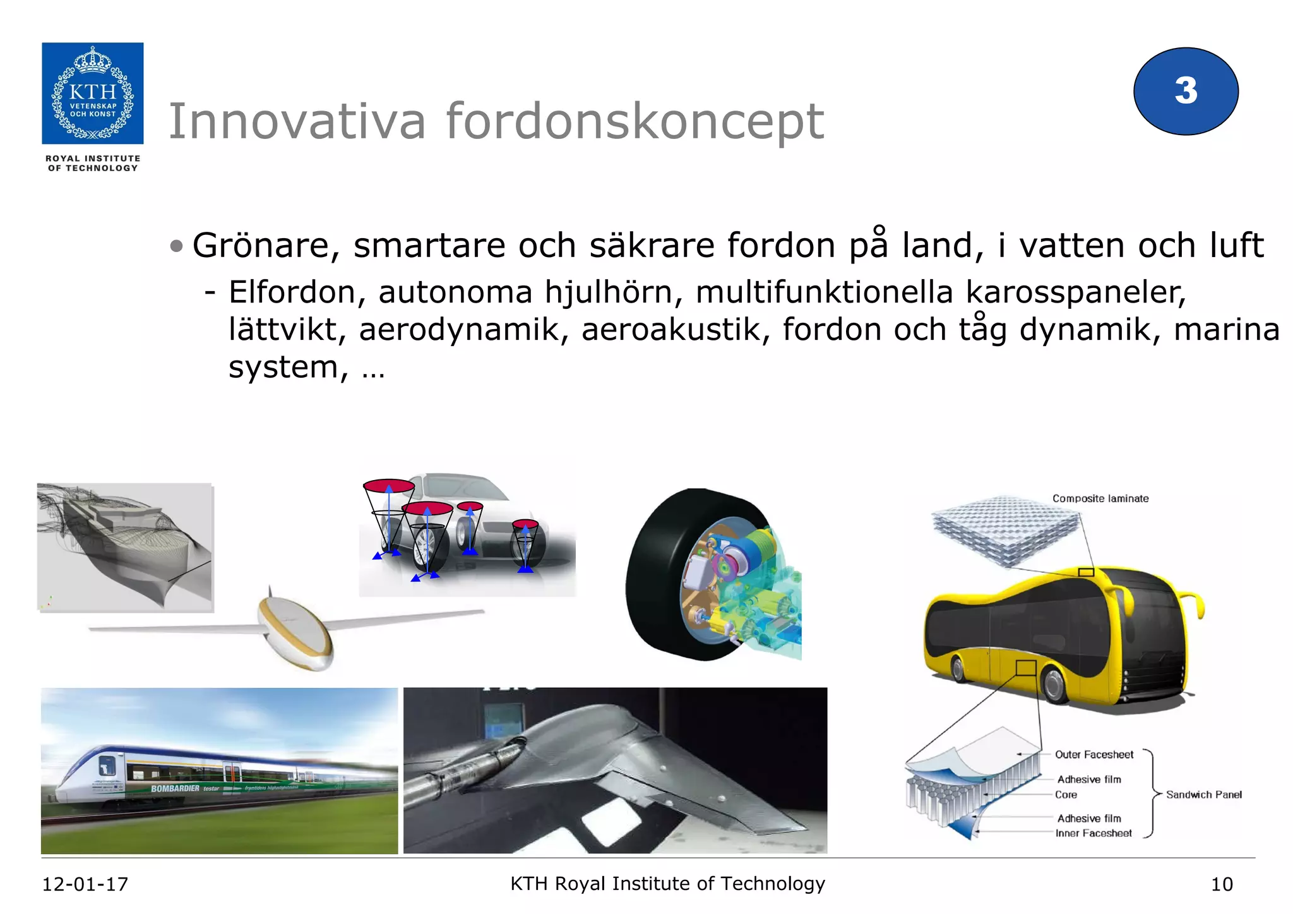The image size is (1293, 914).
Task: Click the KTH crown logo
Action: point(93,93)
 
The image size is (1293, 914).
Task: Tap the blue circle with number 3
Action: point(1186,91)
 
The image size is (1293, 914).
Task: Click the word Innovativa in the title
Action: point(297,121)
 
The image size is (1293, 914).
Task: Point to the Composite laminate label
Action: point(1100,498)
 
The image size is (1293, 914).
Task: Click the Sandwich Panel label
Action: point(1203,795)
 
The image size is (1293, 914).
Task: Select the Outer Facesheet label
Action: point(1093,754)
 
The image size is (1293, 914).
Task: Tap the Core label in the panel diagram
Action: point(1066,795)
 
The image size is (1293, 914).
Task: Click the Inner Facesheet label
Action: point(1093,833)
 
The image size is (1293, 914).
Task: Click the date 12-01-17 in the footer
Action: point(85,884)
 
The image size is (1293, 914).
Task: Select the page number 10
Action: point(1221,884)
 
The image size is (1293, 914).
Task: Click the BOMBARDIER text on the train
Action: point(175,788)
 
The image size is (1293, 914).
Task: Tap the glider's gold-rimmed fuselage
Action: point(295,634)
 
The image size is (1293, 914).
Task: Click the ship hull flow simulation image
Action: point(125,547)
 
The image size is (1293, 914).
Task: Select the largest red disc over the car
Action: point(389,486)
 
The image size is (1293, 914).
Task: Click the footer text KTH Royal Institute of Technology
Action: point(667,883)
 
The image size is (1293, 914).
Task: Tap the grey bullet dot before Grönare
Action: point(176,246)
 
